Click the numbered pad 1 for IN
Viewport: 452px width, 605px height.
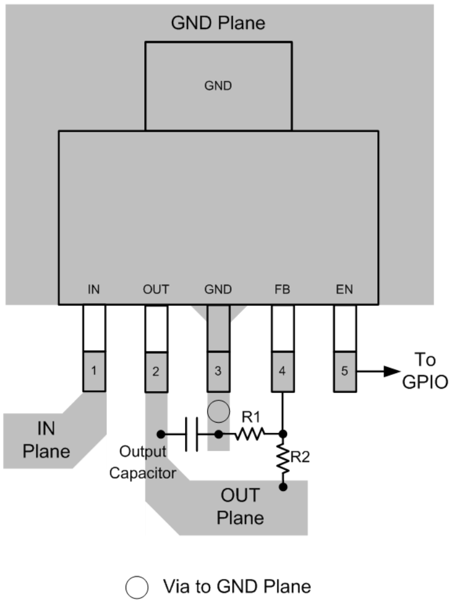(94, 371)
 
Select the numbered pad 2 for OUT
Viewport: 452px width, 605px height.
(156, 371)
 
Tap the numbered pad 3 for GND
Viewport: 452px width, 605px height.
(218, 371)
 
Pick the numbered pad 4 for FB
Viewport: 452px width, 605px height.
(282, 371)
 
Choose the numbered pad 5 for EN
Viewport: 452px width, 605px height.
(345, 371)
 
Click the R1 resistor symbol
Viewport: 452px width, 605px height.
(250, 434)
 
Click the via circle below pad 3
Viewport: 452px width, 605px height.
(218, 412)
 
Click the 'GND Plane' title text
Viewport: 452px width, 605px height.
(218, 24)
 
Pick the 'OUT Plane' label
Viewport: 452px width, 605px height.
(240, 506)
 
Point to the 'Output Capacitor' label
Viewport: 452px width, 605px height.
(142, 462)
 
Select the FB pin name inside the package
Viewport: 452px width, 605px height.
(282, 289)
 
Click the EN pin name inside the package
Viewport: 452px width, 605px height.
(345, 289)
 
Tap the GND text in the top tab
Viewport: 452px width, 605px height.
(218, 86)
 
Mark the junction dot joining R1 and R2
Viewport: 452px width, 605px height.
(282, 434)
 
